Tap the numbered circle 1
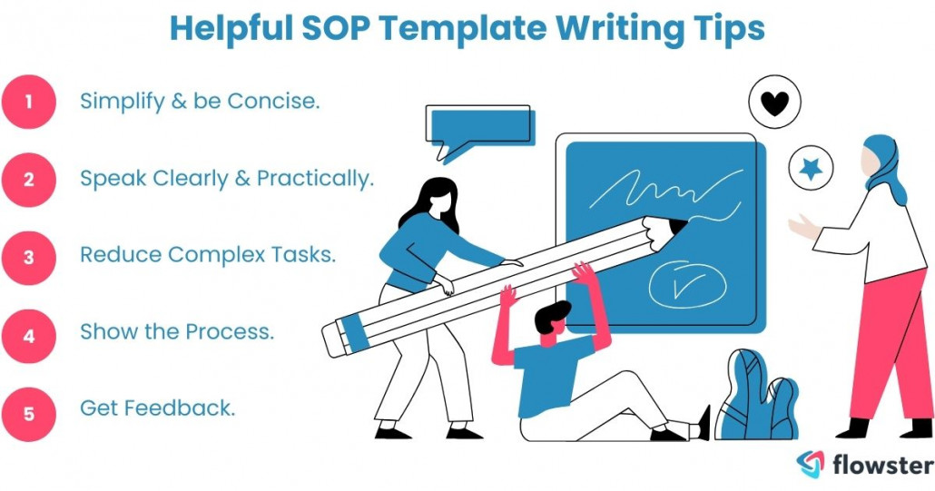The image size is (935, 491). click(29, 101)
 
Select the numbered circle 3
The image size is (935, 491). click(29, 257)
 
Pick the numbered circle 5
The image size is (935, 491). click(29, 413)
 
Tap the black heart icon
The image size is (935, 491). click(774, 103)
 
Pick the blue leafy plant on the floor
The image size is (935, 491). click(757, 398)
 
